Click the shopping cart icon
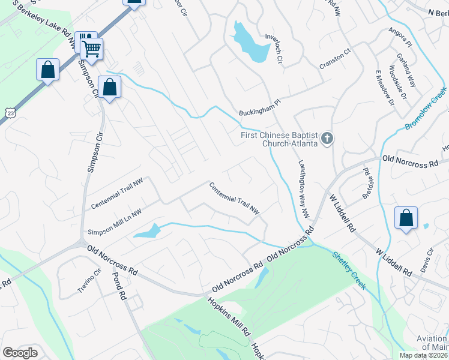(91, 49)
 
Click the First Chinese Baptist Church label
(280, 138)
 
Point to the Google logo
(20, 353)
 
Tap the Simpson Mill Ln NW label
(115, 222)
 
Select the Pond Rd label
(120, 286)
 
